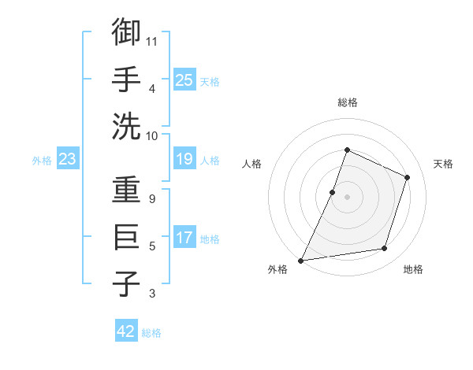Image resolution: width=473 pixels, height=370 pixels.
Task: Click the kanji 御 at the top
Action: click(126, 32)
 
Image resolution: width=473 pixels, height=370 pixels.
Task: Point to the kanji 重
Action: click(126, 191)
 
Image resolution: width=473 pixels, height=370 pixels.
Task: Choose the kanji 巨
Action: click(126, 237)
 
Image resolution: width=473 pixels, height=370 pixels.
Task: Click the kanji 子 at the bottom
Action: click(126, 284)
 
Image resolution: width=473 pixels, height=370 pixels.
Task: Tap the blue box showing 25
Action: click(184, 80)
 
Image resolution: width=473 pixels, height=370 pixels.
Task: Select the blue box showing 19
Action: click(184, 160)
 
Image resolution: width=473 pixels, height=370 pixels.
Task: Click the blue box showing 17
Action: click(184, 238)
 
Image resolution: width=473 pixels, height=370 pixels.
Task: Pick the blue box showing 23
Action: click(68, 160)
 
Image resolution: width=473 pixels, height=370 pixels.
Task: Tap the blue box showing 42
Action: click(126, 331)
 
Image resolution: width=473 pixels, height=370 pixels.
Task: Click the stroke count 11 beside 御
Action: click(153, 40)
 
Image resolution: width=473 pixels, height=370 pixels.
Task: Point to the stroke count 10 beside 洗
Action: click(153, 135)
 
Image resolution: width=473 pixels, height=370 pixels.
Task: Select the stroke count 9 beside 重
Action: click(152, 199)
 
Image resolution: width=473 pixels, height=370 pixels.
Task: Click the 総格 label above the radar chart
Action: click(348, 102)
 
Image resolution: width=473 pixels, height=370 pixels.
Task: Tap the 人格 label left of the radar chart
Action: click(252, 164)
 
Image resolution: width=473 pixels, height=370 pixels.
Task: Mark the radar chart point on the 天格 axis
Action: click(408, 177)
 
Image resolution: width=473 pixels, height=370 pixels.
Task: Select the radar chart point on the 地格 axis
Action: click(385, 249)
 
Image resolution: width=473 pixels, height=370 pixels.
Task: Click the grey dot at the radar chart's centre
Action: click(347, 197)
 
